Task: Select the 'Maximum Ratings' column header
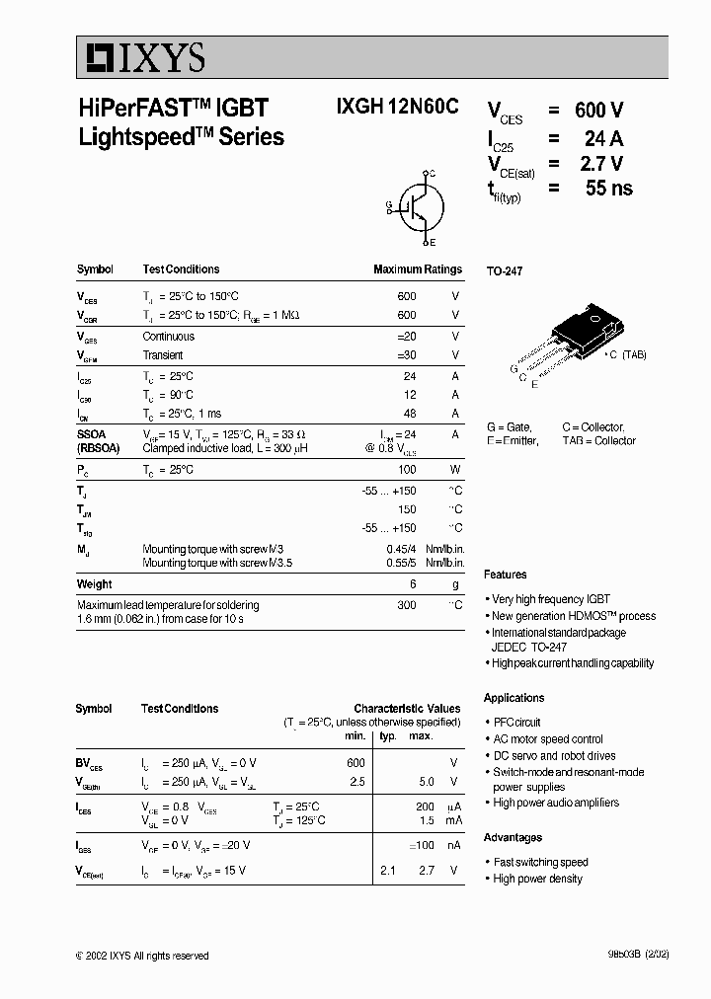417,269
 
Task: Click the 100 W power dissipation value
407,470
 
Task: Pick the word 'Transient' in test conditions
163,355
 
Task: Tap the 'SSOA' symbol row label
92,433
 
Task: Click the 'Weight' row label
95,584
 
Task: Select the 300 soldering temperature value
407,605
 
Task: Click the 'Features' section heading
505,575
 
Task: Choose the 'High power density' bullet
537,879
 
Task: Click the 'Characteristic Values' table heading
407,709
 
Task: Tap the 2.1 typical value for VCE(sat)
388,871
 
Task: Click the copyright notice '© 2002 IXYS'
141,956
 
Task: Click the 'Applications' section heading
513,698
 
